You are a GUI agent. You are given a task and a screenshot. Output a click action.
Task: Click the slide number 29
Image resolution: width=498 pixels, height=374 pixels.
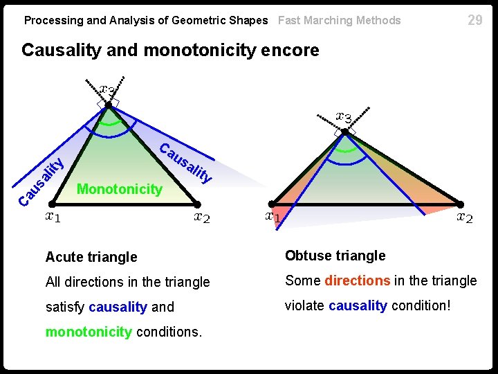[474, 20]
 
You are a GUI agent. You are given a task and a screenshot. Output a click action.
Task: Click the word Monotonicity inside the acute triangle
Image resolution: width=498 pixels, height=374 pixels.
[120, 188]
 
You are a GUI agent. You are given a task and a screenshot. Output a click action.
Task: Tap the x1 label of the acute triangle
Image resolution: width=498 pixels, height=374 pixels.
[53, 217]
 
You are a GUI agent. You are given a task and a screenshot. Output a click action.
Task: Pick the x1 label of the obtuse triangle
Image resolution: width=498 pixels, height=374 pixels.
[273, 217]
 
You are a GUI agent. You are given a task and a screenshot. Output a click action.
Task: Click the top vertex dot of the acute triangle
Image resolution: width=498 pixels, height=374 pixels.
[109, 105]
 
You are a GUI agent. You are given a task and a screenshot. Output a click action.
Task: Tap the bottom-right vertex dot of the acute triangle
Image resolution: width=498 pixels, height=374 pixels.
[197, 204]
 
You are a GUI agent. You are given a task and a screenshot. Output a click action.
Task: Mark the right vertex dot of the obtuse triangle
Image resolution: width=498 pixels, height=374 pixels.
[459, 204]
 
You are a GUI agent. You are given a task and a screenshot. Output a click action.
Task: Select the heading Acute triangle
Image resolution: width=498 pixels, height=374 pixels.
[91, 257]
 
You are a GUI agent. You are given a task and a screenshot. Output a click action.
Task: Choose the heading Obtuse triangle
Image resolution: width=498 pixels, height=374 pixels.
[335, 256]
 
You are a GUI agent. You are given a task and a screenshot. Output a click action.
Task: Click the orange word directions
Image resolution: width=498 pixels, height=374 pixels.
[358, 280]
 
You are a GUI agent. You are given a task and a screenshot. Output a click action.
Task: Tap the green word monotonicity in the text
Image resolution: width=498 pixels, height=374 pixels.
[89, 332]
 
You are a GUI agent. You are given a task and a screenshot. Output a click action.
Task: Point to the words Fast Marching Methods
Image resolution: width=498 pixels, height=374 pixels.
[339, 20]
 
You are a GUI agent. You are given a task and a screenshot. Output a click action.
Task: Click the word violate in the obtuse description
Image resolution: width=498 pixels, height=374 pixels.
[305, 305]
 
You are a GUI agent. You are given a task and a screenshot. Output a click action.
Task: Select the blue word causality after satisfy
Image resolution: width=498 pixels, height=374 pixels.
[118, 307]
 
